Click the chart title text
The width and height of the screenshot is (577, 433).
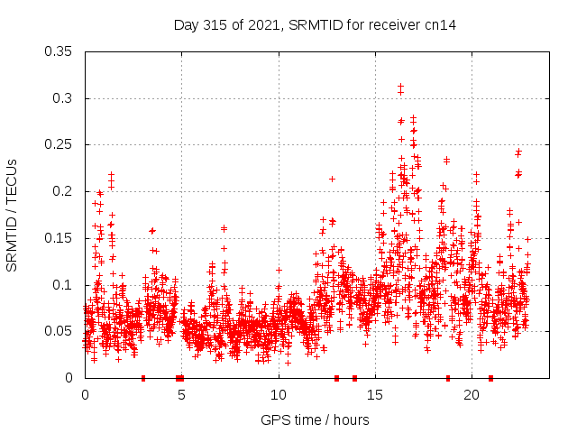(315, 25)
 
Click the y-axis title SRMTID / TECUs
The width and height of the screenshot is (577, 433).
(12, 215)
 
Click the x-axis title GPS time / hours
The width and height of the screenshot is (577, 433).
(315, 419)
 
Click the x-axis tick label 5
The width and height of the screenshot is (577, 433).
(182, 395)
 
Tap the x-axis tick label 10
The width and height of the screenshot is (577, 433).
(279, 395)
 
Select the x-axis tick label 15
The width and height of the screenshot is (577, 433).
(375, 395)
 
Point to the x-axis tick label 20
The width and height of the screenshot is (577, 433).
(472, 395)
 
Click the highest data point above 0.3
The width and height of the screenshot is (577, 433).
(400, 86)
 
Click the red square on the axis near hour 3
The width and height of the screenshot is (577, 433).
(143, 378)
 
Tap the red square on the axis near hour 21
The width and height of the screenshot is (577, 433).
(490, 378)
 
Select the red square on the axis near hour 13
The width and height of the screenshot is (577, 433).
(336, 378)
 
